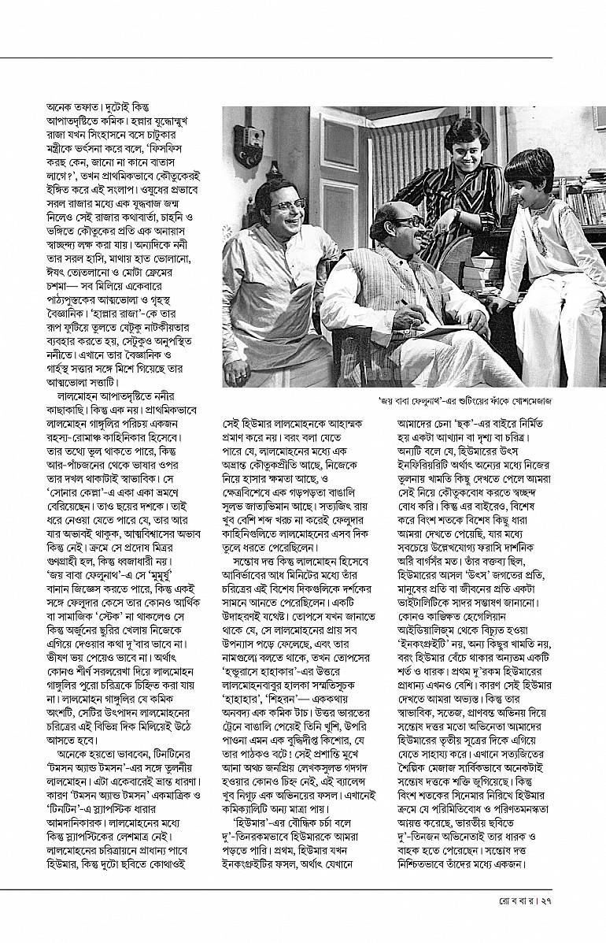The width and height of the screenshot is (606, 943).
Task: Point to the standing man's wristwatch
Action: [x=456, y=213]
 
